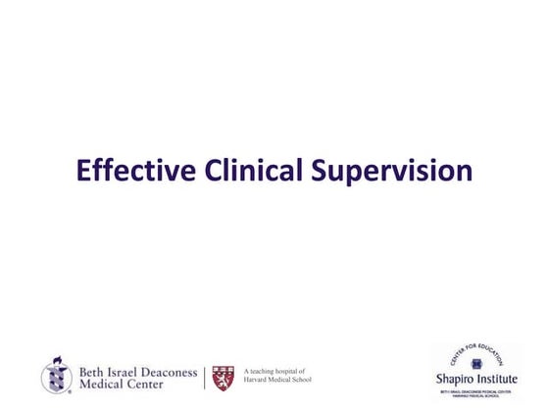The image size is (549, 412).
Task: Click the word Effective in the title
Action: pyautogui.click(x=137, y=172)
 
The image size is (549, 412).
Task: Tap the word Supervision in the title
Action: pyautogui.click(x=392, y=174)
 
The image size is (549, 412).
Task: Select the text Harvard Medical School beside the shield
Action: pyautogui.click(x=277, y=381)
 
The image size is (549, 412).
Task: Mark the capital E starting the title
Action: pyautogui.click(x=83, y=172)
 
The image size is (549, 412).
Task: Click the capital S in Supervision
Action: pyautogui.click(x=321, y=172)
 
